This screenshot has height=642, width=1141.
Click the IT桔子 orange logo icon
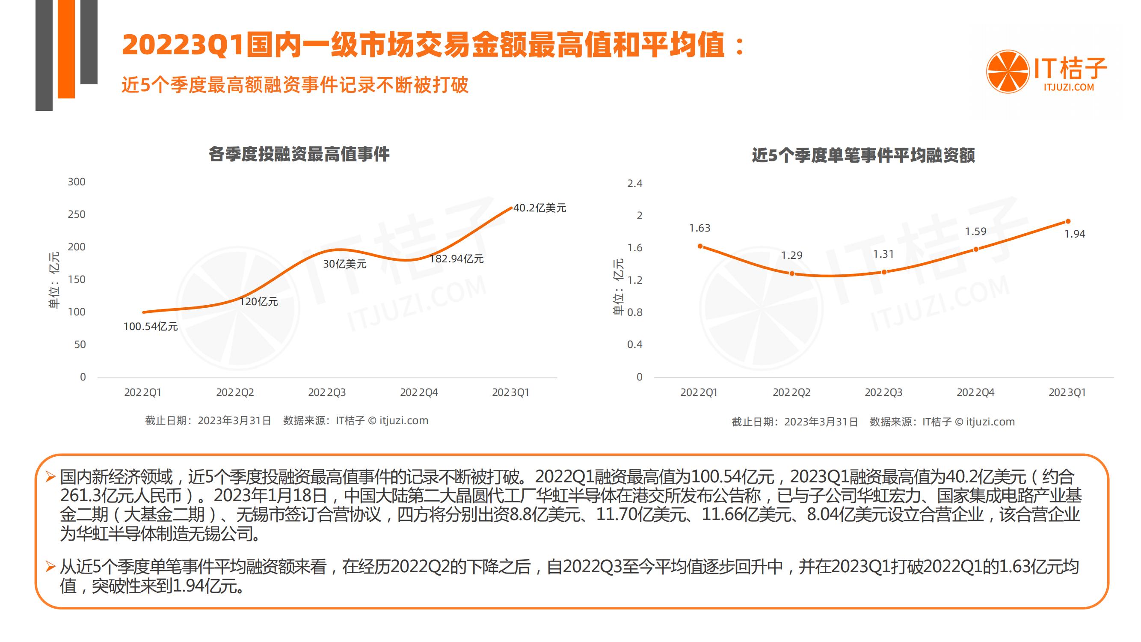tap(1007, 72)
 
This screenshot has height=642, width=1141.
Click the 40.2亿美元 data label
tap(539, 208)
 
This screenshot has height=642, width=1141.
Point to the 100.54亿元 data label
tap(151, 327)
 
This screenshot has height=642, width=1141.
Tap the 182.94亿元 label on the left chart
tap(456, 259)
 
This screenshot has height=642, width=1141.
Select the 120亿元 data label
tap(259, 302)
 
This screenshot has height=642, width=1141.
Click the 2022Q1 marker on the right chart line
tap(700, 247)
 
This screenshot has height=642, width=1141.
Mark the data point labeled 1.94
tap(1068, 222)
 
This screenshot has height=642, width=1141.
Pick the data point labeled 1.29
tap(792, 273)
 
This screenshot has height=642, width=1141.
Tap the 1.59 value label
tap(975, 231)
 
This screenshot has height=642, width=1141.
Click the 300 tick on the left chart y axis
tap(77, 182)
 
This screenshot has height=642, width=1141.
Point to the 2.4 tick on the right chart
tap(634, 184)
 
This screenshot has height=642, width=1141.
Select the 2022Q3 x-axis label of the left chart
tap(327, 392)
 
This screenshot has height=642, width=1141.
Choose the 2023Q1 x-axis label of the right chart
tap(1067, 392)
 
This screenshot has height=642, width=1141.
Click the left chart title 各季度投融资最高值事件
tap(299, 154)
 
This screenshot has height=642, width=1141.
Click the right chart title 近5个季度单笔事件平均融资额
tap(863, 155)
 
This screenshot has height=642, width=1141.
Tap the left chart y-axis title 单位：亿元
tap(53, 280)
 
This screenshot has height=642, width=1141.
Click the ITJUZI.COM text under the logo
tap(1068, 87)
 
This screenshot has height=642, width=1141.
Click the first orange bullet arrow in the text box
tap(50, 477)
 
